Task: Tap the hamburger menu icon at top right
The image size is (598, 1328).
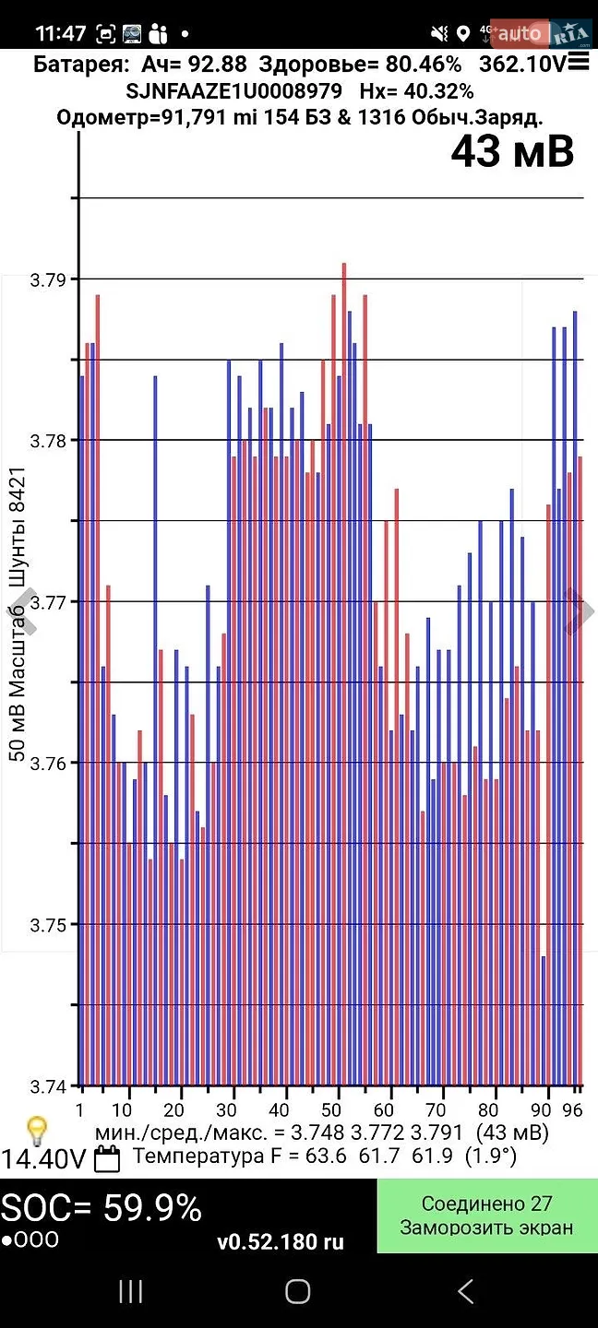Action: [579, 61]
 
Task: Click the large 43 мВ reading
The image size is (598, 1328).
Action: [512, 152]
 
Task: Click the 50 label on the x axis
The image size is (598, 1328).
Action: [331, 1109]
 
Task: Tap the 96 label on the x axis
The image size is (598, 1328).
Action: [572, 1109]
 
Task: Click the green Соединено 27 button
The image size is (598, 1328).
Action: [487, 1215]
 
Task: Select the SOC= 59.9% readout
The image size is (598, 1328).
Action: [101, 1208]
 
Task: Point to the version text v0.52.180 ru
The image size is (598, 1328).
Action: [281, 1241]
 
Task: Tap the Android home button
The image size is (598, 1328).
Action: [298, 1291]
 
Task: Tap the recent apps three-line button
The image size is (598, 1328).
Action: [130, 1291]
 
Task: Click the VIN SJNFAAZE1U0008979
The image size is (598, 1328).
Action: [233, 91]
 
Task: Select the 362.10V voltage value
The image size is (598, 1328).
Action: [523, 64]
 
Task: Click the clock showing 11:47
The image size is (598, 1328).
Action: [61, 33]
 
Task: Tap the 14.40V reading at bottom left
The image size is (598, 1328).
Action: [44, 1159]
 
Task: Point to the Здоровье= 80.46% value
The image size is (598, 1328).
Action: [360, 64]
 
